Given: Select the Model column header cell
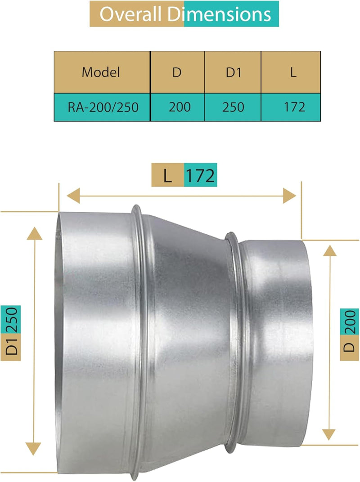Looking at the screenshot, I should pyautogui.click(x=101, y=72).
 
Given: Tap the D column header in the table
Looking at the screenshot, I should pyautogui.click(x=177, y=72).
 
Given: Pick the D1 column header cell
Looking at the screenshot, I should pyautogui.click(x=233, y=72).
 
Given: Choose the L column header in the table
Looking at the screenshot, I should pyautogui.click(x=293, y=72).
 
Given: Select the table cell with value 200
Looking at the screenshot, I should pyautogui.click(x=180, y=107).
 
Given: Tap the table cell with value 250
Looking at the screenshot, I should pyautogui.click(x=233, y=107).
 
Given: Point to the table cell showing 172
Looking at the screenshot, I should pyautogui.click(x=295, y=107).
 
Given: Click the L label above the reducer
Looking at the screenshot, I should pyautogui.click(x=167, y=175).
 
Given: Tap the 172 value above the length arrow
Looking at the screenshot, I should pyautogui.click(x=201, y=175).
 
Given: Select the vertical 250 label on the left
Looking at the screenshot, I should pyautogui.click(x=11, y=320).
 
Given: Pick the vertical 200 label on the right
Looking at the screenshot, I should pyautogui.click(x=349, y=322).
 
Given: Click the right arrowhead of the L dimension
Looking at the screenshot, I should pyautogui.click(x=290, y=196).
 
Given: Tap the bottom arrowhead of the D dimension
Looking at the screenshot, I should pyautogui.click(x=330, y=433).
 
